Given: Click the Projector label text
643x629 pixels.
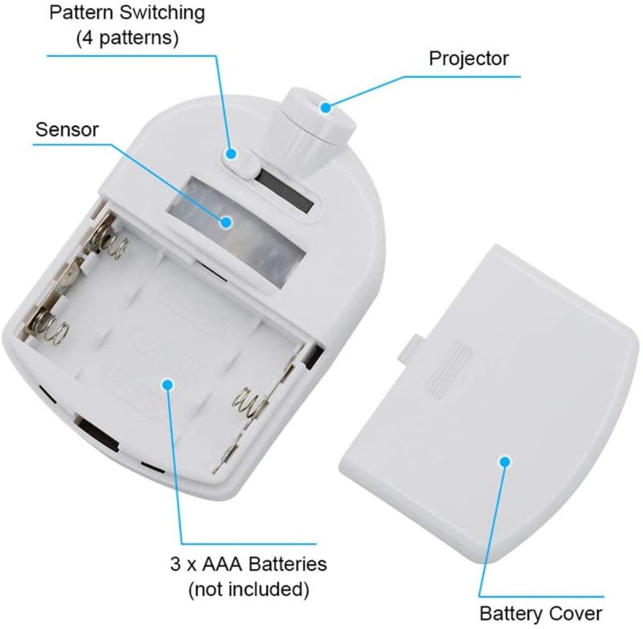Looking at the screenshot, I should (x=469, y=58).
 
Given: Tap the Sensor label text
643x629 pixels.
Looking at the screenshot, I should (x=68, y=129).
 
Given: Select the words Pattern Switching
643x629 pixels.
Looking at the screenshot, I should (x=127, y=14).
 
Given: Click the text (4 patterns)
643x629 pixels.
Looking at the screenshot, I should (x=127, y=38).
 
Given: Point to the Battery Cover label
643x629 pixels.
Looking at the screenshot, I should (x=540, y=613).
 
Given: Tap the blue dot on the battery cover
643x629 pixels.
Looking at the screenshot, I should (x=505, y=461).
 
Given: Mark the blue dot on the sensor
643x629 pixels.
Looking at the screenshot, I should (x=227, y=223).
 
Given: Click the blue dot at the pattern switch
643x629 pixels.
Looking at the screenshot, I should (x=231, y=153).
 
